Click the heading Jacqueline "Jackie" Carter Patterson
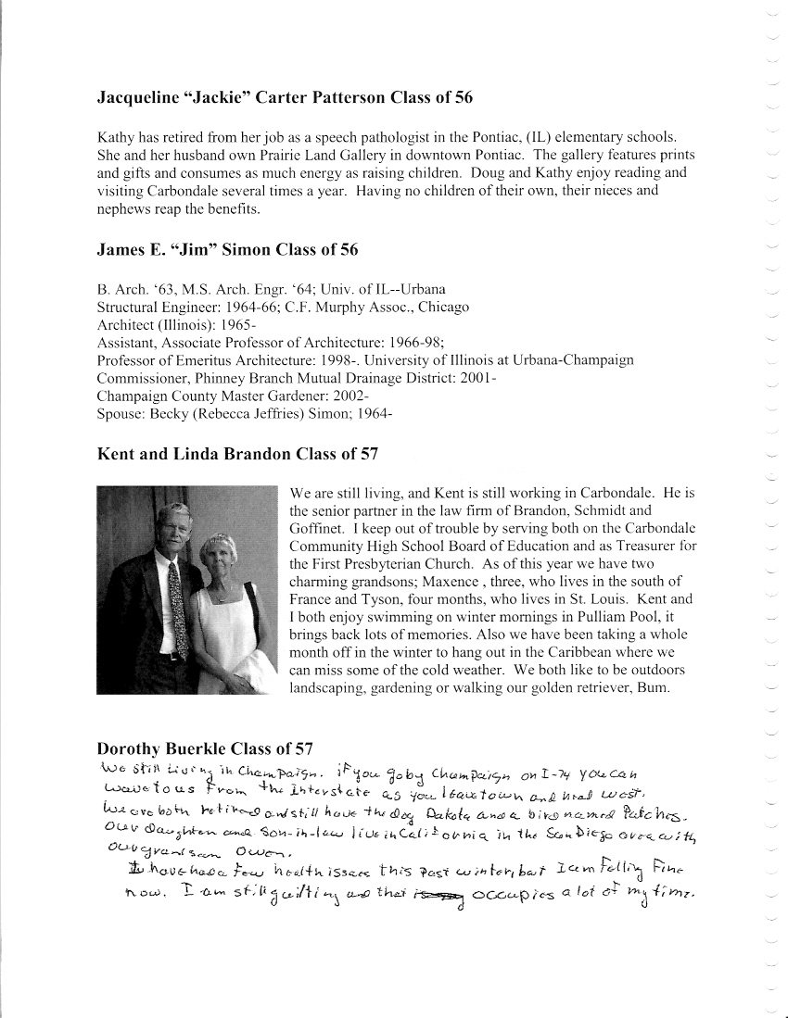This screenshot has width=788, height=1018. (x=286, y=97)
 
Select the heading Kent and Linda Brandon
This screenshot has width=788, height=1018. (x=237, y=454)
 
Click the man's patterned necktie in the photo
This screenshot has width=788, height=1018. (x=173, y=608)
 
